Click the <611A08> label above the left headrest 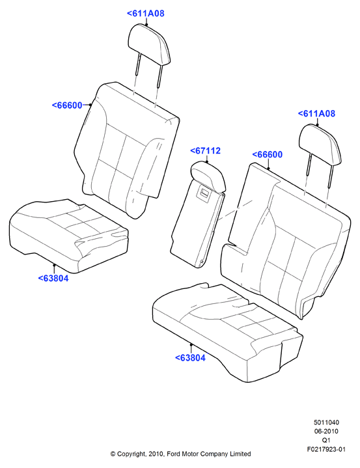(x=146, y=14)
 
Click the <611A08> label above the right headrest (x=317, y=113)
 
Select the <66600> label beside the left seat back (x=67, y=105)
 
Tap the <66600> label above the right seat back (x=268, y=155)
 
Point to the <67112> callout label (x=205, y=151)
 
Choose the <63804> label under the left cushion (x=53, y=278)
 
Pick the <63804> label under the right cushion (x=191, y=358)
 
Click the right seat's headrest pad (x=320, y=144)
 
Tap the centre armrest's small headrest (x=208, y=176)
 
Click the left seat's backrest (x=127, y=149)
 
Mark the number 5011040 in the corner (x=326, y=422)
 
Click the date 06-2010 (x=326, y=432)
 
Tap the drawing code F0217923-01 (x=326, y=449)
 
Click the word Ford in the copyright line (x=173, y=454)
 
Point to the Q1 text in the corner (x=326, y=440)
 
